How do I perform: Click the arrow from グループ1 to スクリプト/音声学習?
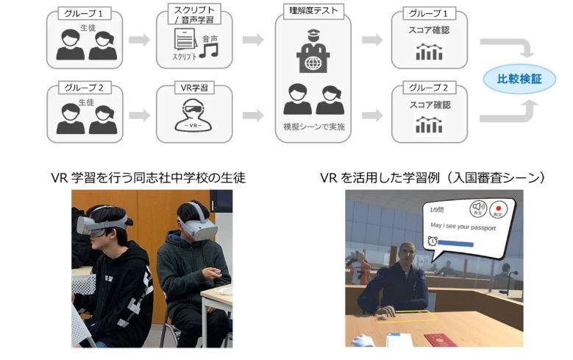coord(139,39)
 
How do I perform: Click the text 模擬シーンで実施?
coord(314,127)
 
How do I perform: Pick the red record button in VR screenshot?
coord(500,211)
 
